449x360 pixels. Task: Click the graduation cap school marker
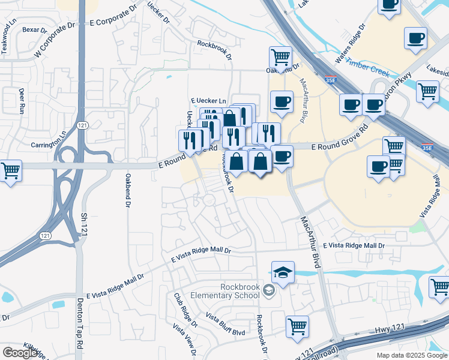point(283,272)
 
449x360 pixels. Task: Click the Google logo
point(20,353)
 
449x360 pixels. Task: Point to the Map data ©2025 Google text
point(411,355)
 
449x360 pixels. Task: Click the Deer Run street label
point(22,101)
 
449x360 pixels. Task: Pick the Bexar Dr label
point(34,29)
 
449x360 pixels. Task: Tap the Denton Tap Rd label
point(79,325)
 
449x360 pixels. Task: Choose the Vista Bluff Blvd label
point(225,324)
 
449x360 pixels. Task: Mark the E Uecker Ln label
point(208,101)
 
